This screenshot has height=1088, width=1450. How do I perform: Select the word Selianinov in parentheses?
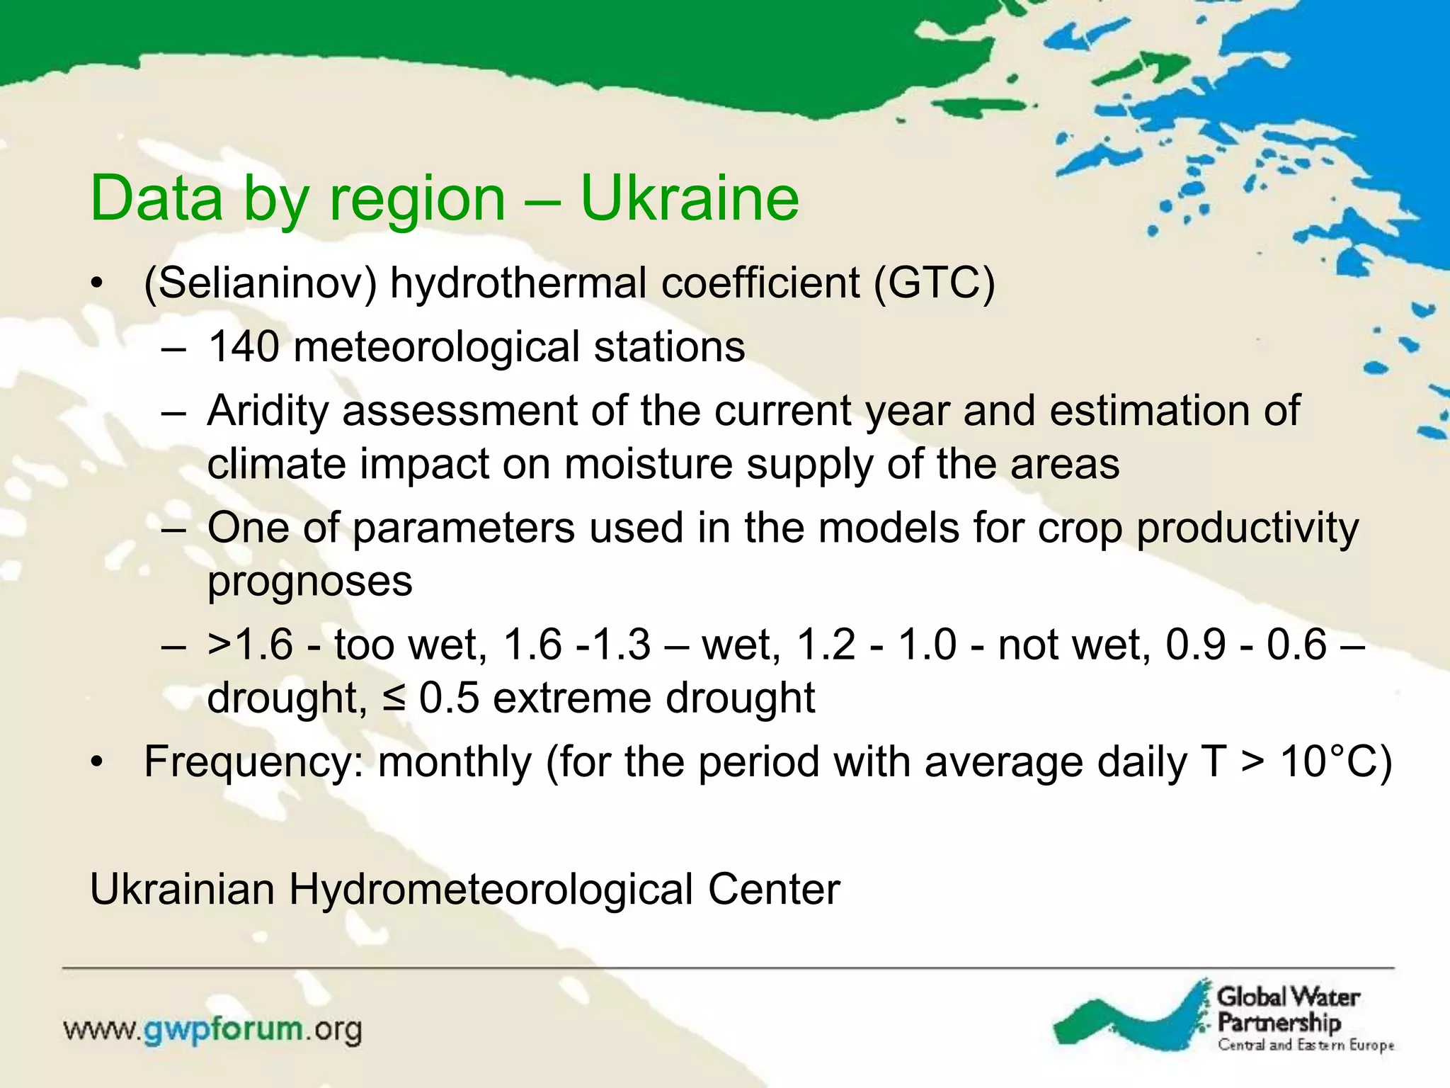pos(260,283)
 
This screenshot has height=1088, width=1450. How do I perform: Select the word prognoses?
pos(309,582)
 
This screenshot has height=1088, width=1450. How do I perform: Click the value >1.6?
pos(249,645)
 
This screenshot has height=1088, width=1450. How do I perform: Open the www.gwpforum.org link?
pos(212,1029)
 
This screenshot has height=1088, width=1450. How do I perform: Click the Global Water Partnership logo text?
pos(1287,1010)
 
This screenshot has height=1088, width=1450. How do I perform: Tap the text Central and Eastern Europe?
pos(1306,1045)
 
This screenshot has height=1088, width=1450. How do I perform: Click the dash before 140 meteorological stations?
pos(173,348)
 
